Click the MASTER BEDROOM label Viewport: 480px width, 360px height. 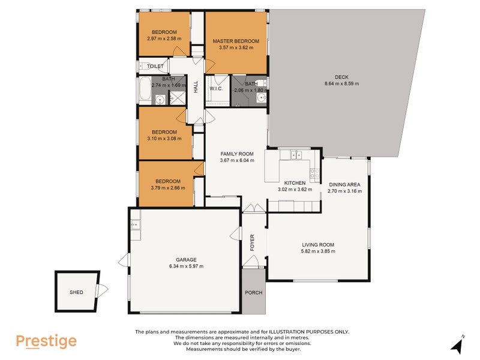click(236, 41)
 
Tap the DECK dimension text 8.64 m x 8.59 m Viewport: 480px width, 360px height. click(341, 84)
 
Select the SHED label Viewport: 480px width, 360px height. click(76, 293)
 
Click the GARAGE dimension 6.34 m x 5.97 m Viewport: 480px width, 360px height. click(186, 266)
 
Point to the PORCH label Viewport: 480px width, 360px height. click(254, 293)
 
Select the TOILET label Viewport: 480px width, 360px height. click(155, 66)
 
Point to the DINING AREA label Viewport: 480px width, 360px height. click(344, 184)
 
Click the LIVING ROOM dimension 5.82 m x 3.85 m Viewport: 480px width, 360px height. click(318, 251)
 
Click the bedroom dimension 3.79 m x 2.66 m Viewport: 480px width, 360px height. click(167, 188)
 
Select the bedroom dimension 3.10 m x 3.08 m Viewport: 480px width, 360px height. click(164, 139)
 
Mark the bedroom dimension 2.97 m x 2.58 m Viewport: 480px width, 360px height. click(164, 38)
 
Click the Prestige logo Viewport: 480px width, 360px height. click(46, 341)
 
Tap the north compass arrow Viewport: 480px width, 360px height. click(458, 346)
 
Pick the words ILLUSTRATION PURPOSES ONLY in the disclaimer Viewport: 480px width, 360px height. click(307, 332)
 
